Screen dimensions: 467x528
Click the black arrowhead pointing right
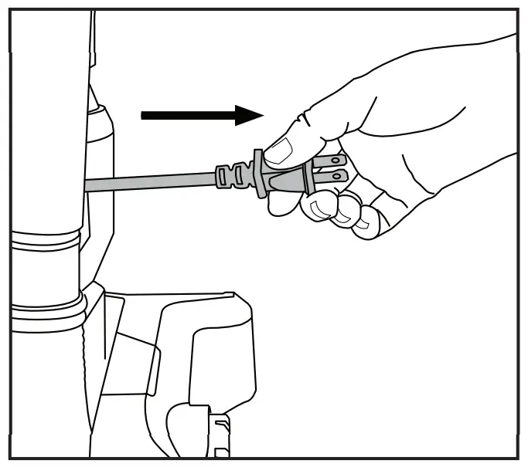tap(249, 116)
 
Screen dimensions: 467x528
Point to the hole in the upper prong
tap(336, 161)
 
